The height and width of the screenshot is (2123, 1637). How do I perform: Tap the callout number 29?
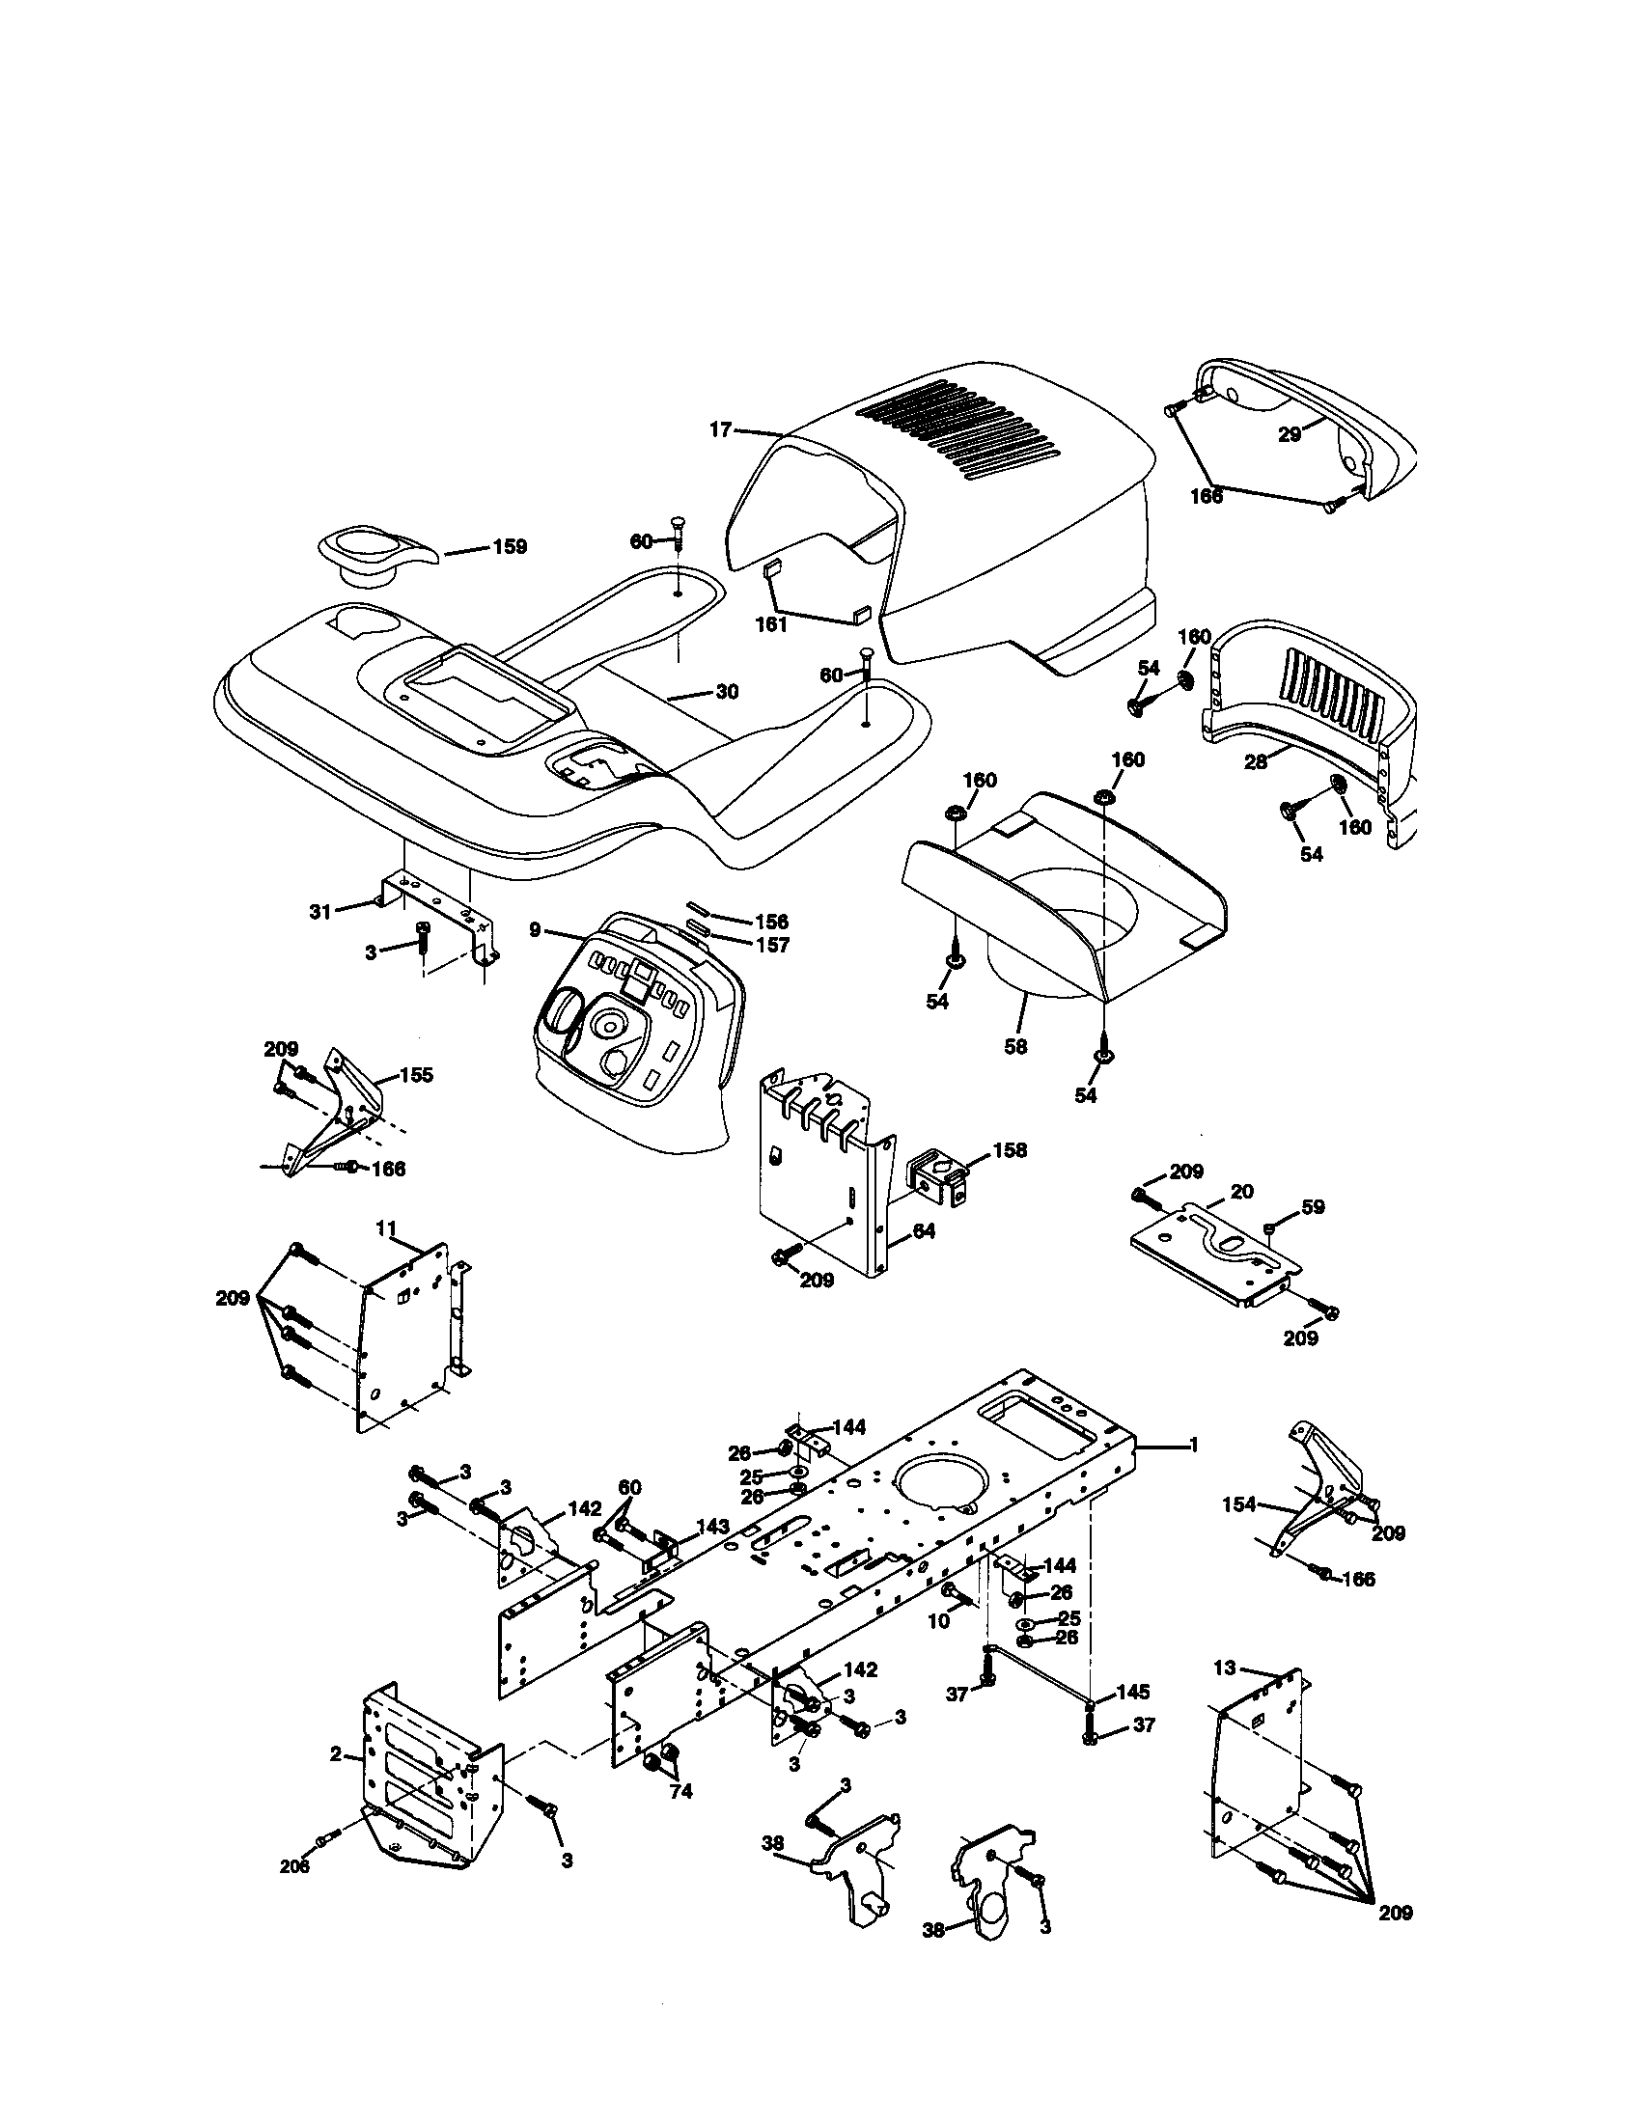pyautogui.click(x=1289, y=435)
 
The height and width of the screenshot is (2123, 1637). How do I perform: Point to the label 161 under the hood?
pyautogui.click(x=771, y=625)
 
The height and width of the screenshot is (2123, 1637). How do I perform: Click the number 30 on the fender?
pyautogui.click(x=726, y=691)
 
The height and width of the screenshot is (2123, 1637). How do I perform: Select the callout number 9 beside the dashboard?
pyautogui.click(x=535, y=930)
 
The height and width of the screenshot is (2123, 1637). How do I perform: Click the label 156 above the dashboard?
pyautogui.click(x=772, y=921)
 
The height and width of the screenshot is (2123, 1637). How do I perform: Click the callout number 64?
pyautogui.click(x=924, y=1230)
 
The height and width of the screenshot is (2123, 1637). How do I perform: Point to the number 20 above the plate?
pyautogui.click(x=1241, y=1191)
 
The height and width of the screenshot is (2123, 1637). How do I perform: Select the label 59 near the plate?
pyautogui.click(x=1314, y=1206)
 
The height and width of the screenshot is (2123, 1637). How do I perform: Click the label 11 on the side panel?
pyautogui.click(x=387, y=1228)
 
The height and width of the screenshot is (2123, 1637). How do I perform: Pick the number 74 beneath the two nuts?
pyautogui.click(x=681, y=1790)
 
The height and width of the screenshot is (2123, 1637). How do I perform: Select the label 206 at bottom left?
pyautogui.click(x=294, y=1866)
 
